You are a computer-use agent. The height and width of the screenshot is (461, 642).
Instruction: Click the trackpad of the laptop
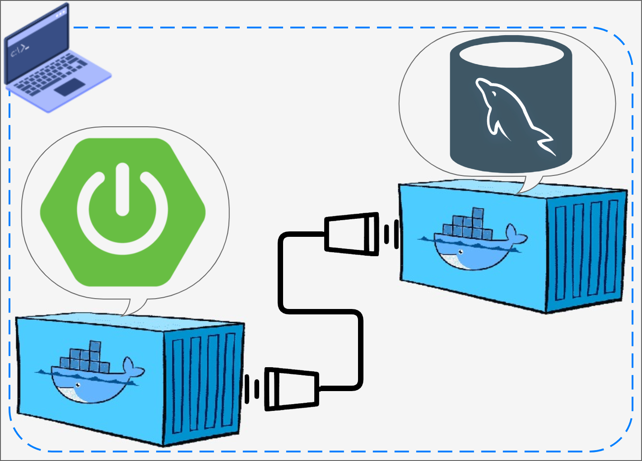(x=69, y=87)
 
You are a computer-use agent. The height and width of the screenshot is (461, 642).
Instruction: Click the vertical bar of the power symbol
(x=122, y=189)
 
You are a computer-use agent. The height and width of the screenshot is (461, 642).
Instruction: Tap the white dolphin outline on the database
(x=510, y=113)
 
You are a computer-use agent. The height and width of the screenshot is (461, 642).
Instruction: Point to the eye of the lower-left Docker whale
(x=78, y=385)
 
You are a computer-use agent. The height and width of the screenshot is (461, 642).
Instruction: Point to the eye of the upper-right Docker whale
(x=460, y=252)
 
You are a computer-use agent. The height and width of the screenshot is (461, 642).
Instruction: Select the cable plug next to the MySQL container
(x=352, y=234)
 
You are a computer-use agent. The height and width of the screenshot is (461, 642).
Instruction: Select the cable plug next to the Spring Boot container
(x=291, y=389)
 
